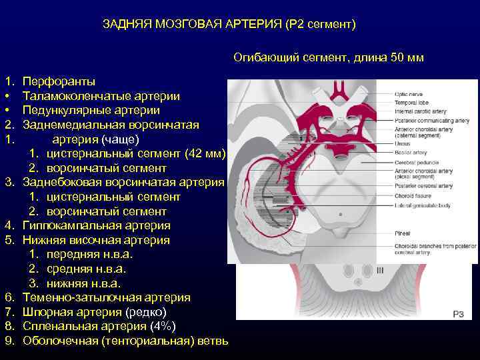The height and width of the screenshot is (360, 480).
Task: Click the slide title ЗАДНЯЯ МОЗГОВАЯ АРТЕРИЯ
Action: pyautogui.click(x=229, y=25)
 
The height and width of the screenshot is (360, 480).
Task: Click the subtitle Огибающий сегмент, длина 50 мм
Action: pyautogui.click(x=328, y=58)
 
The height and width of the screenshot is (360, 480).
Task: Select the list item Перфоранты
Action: pyautogui.click(x=59, y=81)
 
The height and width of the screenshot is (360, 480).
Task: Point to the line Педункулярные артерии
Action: pyautogui.click(x=82, y=109)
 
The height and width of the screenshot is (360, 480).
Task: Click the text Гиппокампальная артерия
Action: pyautogui.click(x=96, y=226)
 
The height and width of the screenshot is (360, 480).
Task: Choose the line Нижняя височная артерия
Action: pyautogui.click(x=96, y=240)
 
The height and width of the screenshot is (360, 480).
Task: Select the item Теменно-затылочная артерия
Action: pyautogui.click(x=106, y=297)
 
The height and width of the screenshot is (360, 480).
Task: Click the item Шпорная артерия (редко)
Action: pyautogui.click(x=95, y=312)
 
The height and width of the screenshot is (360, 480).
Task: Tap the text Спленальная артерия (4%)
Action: pyautogui.click(x=99, y=326)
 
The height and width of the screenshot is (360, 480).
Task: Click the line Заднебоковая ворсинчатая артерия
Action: pyautogui.click(x=123, y=182)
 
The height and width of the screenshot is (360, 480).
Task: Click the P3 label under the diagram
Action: pyautogui.click(x=459, y=313)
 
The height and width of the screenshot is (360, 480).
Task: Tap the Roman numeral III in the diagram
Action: pyautogui.click(x=380, y=270)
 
